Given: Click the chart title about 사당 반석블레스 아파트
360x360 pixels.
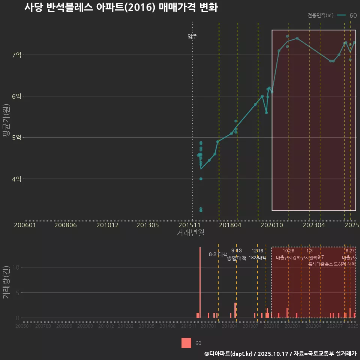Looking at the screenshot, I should (x=121, y=8).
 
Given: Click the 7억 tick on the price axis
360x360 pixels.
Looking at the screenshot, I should (x=16, y=55).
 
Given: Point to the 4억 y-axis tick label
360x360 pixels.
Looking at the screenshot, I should (x=16, y=179).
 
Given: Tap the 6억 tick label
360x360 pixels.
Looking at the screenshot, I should (x=16, y=96).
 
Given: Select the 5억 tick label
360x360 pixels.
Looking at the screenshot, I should (x=16, y=138).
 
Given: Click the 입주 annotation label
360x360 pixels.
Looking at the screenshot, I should (x=192, y=36).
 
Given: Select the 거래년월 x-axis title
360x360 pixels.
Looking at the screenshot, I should (x=190, y=232).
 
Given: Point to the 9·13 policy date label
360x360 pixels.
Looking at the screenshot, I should (x=236, y=250).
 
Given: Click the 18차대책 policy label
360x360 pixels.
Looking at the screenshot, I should (x=257, y=258).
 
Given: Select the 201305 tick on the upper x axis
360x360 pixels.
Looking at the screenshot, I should (x=148, y=225).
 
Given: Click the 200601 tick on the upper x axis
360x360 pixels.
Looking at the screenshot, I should (x=25, y=225).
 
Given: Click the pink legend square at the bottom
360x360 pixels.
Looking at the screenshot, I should (x=186, y=343).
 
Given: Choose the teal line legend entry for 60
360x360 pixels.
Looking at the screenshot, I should (x=347, y=15).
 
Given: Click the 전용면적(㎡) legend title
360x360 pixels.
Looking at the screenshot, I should (x=320, y=15).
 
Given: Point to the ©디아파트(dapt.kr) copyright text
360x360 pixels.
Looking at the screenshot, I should (x=229, y=354).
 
